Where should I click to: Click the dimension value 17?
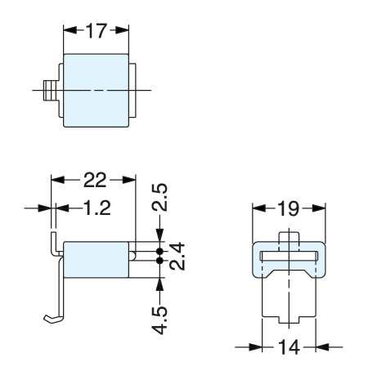point(96,30)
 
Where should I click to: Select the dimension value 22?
point(95,180)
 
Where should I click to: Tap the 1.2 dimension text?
point(97,208)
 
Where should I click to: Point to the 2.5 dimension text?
point(159,198)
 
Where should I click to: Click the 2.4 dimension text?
point(177,257)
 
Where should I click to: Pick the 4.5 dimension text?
point(159,320)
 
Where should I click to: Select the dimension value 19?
point(289,209)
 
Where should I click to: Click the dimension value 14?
point(289,347)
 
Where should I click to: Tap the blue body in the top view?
point(96,91)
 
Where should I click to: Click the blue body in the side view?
point(96,260)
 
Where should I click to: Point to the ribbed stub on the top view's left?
point(50,91)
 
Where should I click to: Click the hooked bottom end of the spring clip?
point(53,319)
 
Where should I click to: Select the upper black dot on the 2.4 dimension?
point(159,251)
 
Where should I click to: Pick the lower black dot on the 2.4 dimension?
point(159,261)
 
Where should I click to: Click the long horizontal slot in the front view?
point(289,256)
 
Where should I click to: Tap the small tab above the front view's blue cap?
point(289,237)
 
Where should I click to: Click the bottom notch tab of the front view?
point(289,320)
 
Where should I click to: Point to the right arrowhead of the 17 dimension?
point(122,30)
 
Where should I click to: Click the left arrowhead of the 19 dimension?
point(259,208)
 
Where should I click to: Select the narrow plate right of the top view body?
point(132,91)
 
